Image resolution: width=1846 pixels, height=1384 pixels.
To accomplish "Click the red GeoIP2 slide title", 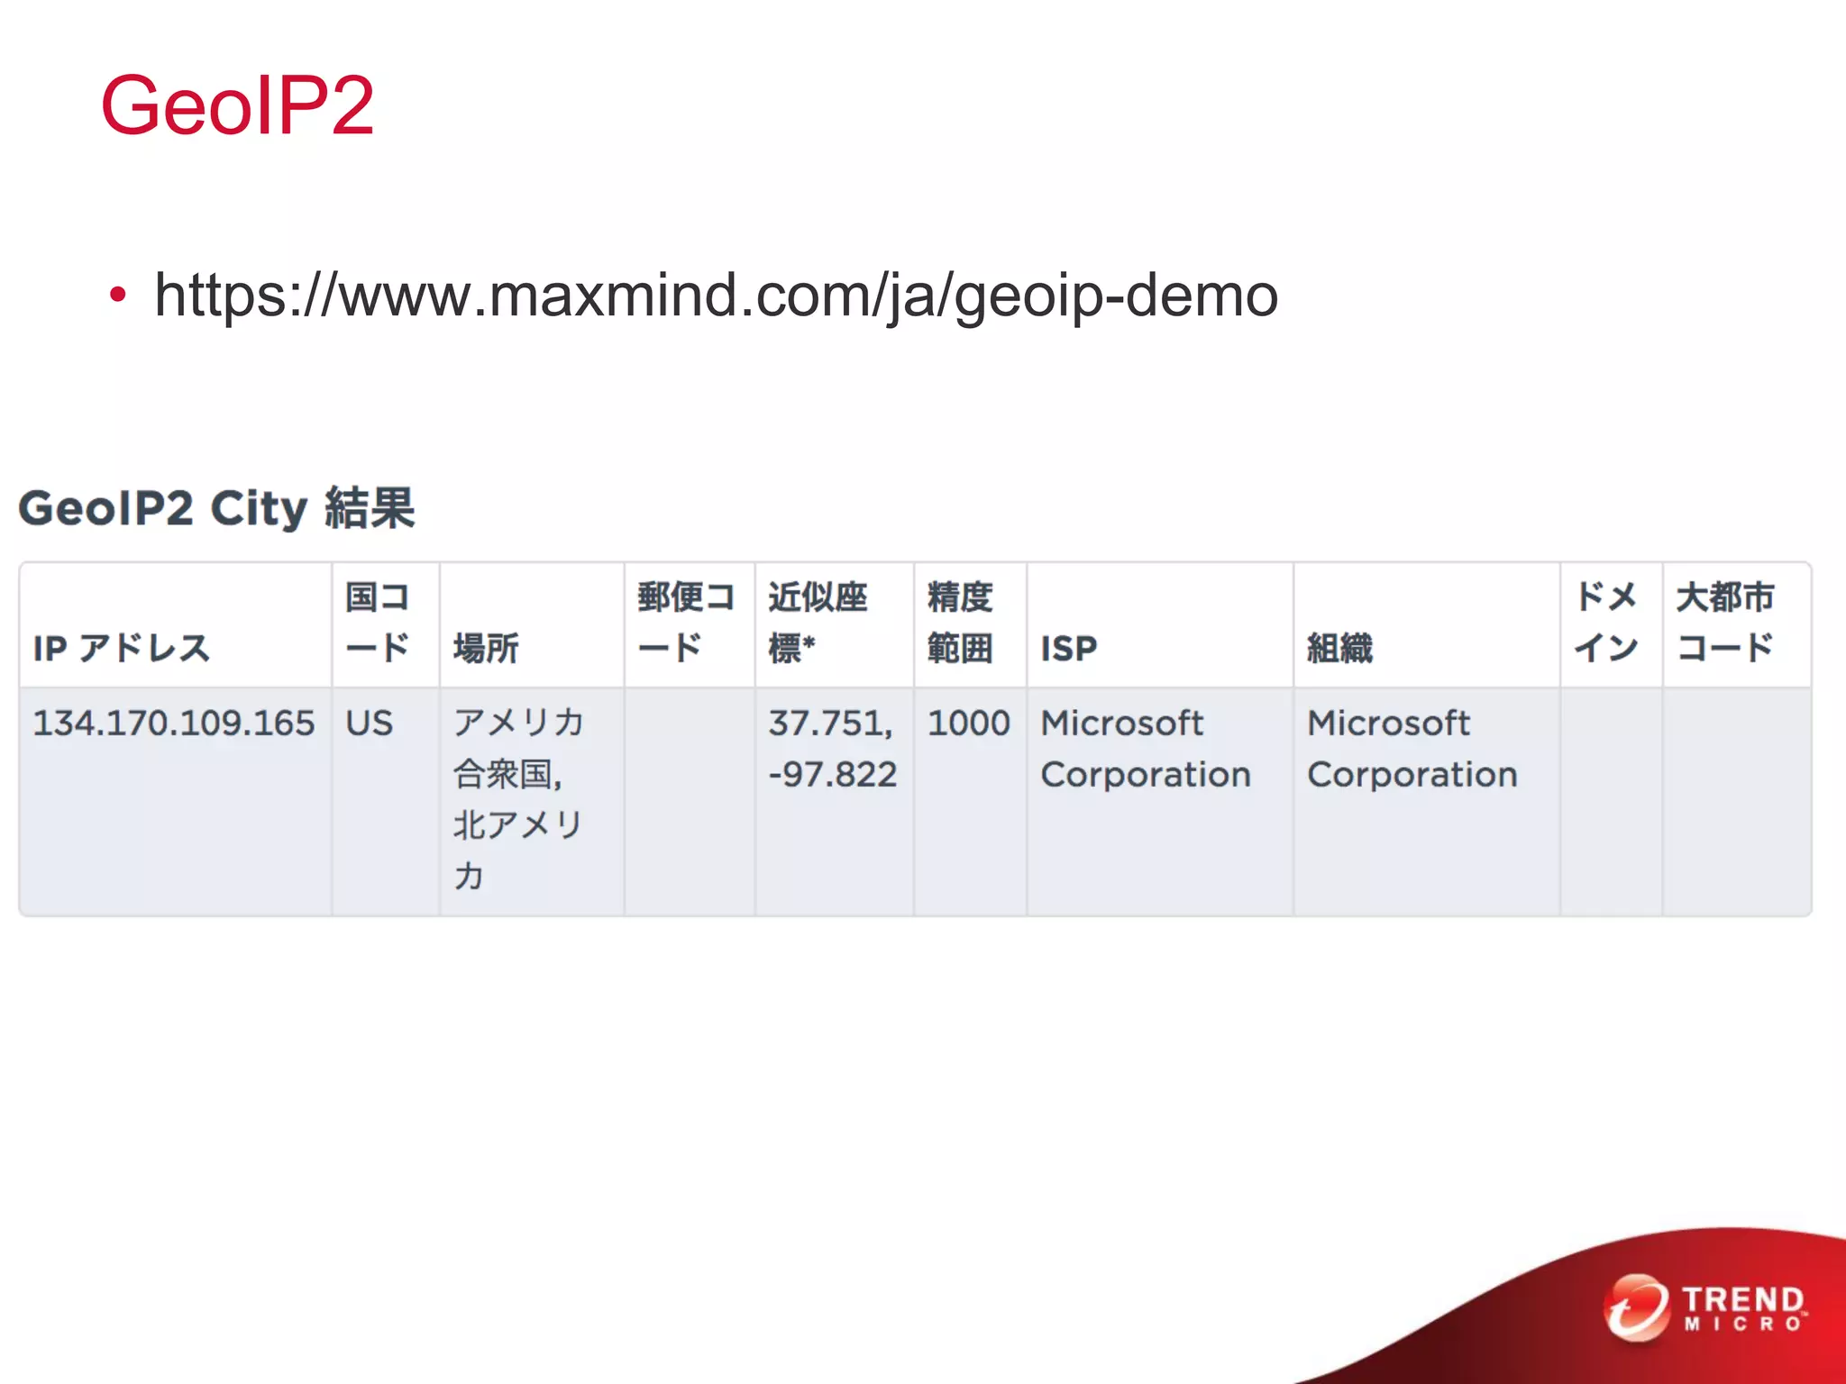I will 237,105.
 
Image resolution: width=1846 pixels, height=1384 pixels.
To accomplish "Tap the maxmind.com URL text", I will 716,296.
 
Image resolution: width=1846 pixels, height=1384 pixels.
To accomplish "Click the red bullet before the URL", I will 117,296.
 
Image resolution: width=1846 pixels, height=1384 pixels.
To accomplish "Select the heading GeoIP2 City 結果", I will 216,508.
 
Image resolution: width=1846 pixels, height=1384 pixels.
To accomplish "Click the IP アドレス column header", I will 122,648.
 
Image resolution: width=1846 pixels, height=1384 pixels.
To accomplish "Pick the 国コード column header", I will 378,622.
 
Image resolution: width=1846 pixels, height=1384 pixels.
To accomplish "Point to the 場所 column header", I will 486,648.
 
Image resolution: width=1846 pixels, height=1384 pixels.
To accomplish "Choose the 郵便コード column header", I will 686,622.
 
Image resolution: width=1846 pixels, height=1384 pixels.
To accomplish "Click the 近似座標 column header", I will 817,622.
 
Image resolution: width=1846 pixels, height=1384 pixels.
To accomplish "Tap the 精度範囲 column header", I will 960,622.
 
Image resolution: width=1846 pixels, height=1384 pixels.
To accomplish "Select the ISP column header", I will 1069,648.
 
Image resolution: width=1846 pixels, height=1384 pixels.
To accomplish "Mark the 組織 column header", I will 1339,648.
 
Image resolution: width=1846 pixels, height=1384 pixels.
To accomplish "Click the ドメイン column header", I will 1606,622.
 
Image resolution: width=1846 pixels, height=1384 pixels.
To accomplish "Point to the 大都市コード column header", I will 1724,622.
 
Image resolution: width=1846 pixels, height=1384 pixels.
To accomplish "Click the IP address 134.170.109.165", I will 174,723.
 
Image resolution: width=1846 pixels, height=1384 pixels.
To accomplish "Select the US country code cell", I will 370,723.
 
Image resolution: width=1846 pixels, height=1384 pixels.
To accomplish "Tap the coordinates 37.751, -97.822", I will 832,748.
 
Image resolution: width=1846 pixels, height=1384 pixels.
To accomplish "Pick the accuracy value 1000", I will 969,723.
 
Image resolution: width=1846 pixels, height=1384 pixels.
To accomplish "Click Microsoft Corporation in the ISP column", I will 1145,748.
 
